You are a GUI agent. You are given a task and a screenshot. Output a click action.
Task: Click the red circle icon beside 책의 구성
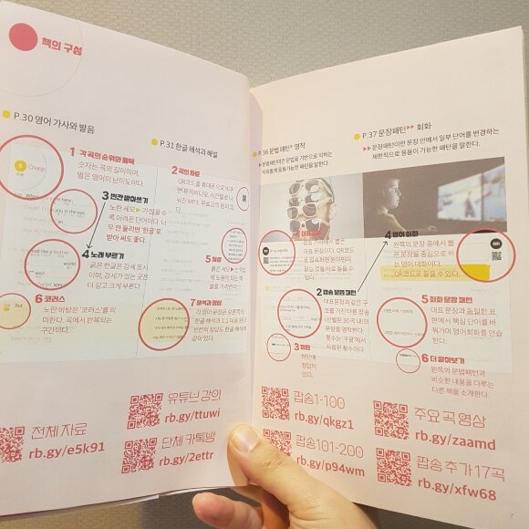pos(21,37)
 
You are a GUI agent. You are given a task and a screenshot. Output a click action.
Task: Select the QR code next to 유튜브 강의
pos(144,410)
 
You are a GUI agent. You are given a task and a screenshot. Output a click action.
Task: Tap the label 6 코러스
pos(55,298)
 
